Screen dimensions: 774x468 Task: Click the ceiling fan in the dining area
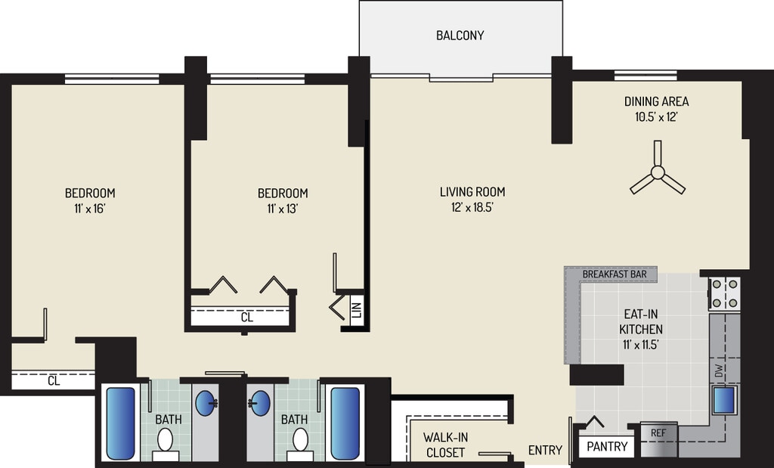point(658,172)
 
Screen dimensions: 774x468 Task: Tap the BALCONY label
point(460,36)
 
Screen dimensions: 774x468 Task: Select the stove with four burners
point(725,294)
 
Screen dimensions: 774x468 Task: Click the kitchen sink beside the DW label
point(724,401)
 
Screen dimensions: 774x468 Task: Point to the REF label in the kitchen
point(658,433)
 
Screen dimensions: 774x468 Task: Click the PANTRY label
point(607,447)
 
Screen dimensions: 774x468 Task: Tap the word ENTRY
point(545,450)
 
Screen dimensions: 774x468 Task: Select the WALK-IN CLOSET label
point(445,445)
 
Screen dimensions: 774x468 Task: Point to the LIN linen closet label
point(358,310)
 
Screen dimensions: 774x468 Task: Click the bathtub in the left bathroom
point(120,423)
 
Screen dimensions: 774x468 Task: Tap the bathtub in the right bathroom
point(345,423)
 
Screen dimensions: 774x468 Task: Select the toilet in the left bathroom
point(166,441)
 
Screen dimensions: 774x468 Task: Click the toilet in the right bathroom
point(300,441)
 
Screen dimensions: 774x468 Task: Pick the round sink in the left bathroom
point(206,403)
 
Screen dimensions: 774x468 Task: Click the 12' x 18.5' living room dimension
point(472,208)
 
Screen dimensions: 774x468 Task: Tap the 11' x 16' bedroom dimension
point(90,209)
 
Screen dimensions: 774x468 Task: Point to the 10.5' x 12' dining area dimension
point(656,117)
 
